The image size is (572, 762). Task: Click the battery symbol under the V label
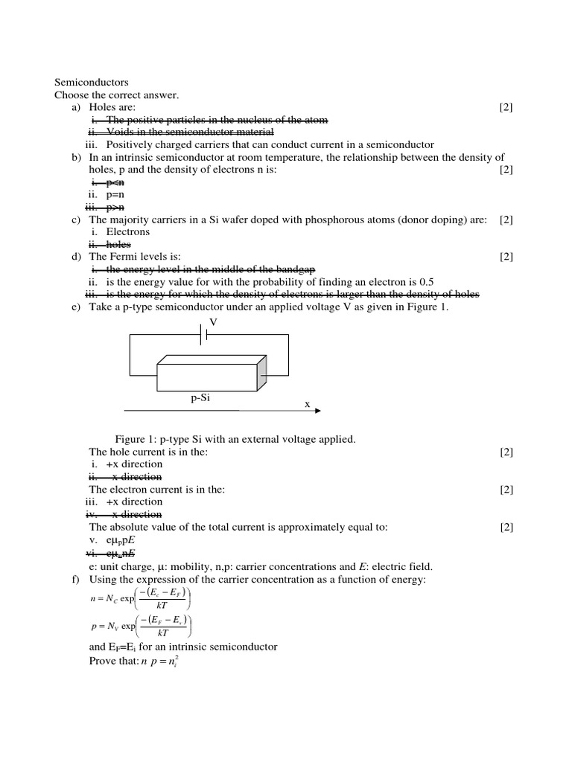(x=203, y=336)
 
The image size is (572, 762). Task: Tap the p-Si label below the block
(x=201, y=398)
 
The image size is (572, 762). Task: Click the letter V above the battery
(x=213, y=322)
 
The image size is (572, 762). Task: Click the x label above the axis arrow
(x=307, y=403)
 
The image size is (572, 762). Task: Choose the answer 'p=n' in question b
(x=118, y=194)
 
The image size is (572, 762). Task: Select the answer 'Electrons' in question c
(x=127, y=231)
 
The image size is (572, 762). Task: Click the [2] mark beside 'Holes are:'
(x=506, y=108)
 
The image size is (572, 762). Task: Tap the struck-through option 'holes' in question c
(x=118, y=244)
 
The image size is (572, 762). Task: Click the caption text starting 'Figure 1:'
(x=235, y=439)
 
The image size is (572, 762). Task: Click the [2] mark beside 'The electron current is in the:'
(x=506, y=489)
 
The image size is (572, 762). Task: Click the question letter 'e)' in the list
(x=77, y=307)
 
